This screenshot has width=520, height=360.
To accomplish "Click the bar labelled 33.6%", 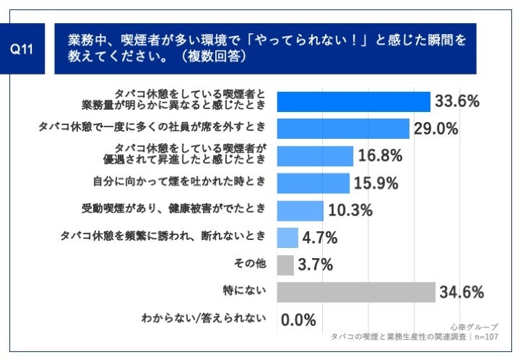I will (x=353, y=102).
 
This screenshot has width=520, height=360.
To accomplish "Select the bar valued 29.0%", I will (x=343, y=129).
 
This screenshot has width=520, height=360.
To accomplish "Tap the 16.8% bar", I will (x=314, y=156).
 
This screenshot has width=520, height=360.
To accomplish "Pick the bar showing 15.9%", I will (x=312, y=183).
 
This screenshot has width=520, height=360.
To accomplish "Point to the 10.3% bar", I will (x=299, y=210).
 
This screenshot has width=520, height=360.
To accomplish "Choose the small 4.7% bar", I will (x=287, y=237).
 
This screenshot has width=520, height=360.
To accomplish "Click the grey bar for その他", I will (x=285, y=265).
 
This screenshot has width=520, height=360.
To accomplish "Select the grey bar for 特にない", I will (x=355, y=291).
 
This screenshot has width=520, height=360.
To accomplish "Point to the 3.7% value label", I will (x=316, y=265).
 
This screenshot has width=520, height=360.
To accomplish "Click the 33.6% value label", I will (x=457, y=102).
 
